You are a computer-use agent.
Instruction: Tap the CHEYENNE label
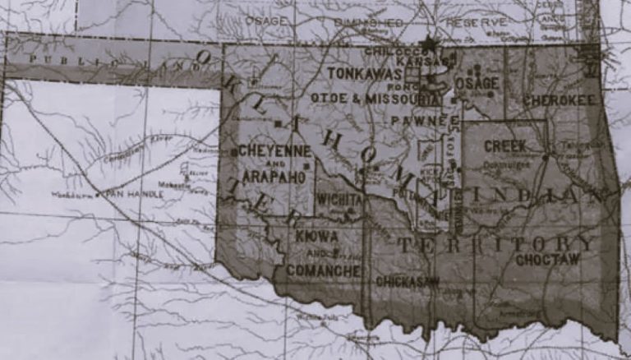click(275, 151)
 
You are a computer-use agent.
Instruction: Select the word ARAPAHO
click(275, 176)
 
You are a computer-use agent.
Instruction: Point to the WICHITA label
click(339, 200)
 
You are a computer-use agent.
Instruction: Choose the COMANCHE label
click(324, 270)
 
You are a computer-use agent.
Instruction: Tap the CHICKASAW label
click(408, 281)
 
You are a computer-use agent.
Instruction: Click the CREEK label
click(504, 145)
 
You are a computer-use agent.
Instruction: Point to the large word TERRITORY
click(496, 244)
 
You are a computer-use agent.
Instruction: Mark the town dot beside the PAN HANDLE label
click(98, 195)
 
